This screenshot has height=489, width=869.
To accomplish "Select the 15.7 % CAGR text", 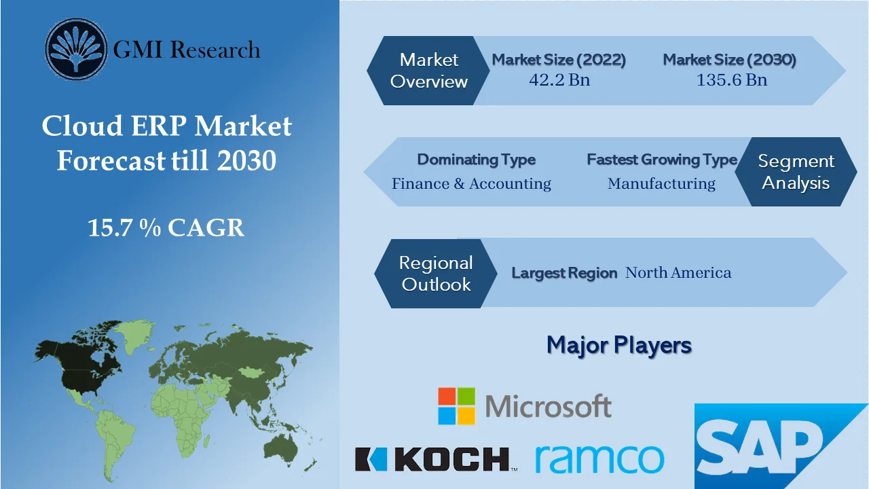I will tap(166, 228).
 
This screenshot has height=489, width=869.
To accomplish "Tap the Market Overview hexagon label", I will tap(429, 71).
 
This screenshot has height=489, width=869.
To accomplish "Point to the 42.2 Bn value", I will tap(559, 80).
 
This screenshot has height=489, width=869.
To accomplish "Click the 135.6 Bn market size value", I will tap(731, 80).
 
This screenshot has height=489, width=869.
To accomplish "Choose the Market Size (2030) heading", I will tap(729, 60).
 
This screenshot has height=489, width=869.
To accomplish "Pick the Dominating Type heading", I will tap(476, 160).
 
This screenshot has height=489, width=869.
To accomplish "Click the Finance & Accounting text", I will tap(471, 183).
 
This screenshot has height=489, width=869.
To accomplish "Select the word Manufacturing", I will tap(661, 183).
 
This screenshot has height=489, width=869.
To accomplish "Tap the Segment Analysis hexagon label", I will tap(796, 172).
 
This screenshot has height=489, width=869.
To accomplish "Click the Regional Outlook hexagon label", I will tap(436, 273).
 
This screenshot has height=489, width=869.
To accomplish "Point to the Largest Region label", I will tap(563, 273).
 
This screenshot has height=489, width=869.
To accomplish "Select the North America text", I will tap(678, 273).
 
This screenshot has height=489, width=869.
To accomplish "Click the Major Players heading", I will tap(618, 345).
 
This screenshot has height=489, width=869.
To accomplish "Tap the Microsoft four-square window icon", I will tap(456, 406).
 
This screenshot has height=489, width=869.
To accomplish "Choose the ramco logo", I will tap(599, 459).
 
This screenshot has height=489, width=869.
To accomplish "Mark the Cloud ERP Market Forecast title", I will tap(166, 143).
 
